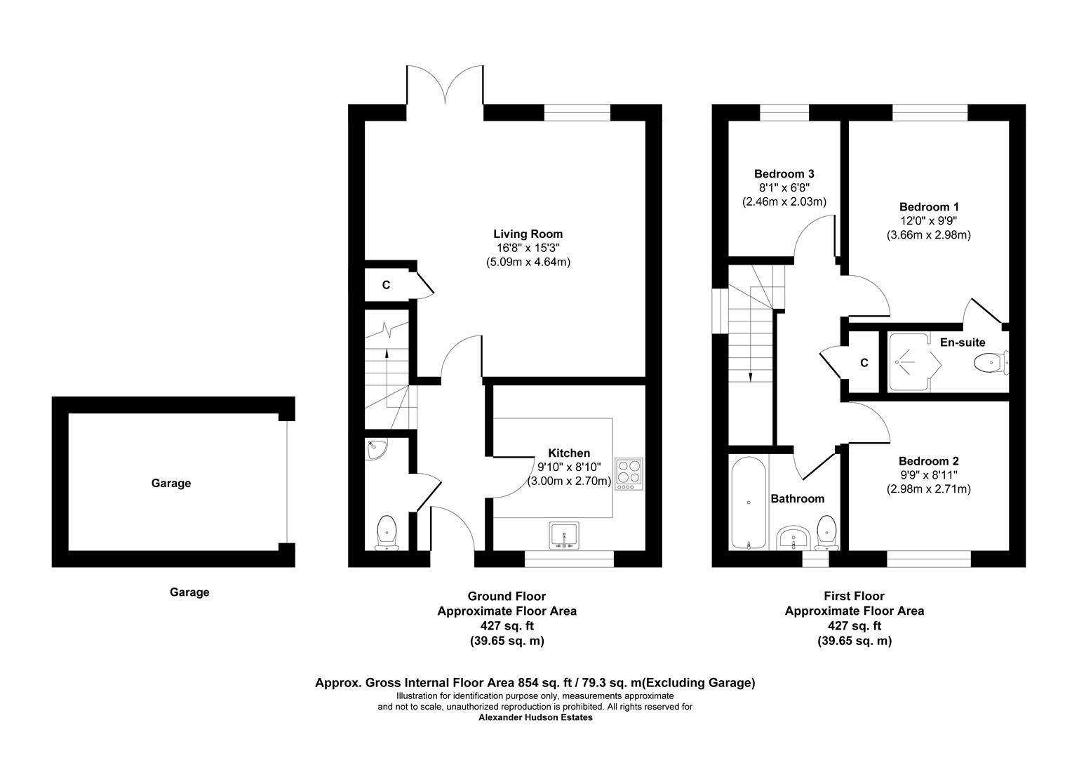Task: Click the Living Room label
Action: (x=528, y=234)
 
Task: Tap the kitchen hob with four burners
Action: (x=629, y=474)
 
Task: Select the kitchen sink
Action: (x=564, y=536)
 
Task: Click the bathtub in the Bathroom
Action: (x=749, y=503)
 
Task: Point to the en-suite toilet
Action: (x=991, y=362)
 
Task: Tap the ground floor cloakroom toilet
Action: (x=387, y=533)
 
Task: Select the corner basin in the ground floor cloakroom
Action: (x=376, y=449)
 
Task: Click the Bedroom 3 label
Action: (x=784, y=174)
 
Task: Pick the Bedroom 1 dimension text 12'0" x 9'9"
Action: (x=928, y=221)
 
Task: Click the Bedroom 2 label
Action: (x=928, y=461)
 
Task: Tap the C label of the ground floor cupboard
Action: (x=386, y=286)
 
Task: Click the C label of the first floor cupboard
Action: (x=864, y=363)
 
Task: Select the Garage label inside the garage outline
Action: (x=171, y=483)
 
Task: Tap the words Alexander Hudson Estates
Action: (x=535, y=717)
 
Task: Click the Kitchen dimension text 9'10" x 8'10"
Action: (x=569, y=467)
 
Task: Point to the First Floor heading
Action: (x=855, y=596)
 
